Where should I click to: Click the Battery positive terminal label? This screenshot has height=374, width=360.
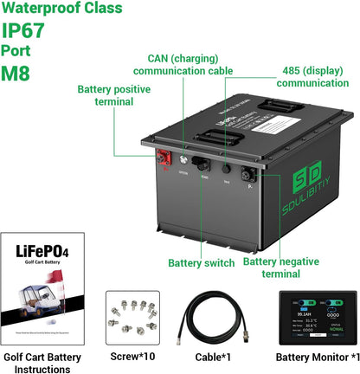(x=106, y=95)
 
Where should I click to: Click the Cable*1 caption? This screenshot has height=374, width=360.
(x=219, y=356)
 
